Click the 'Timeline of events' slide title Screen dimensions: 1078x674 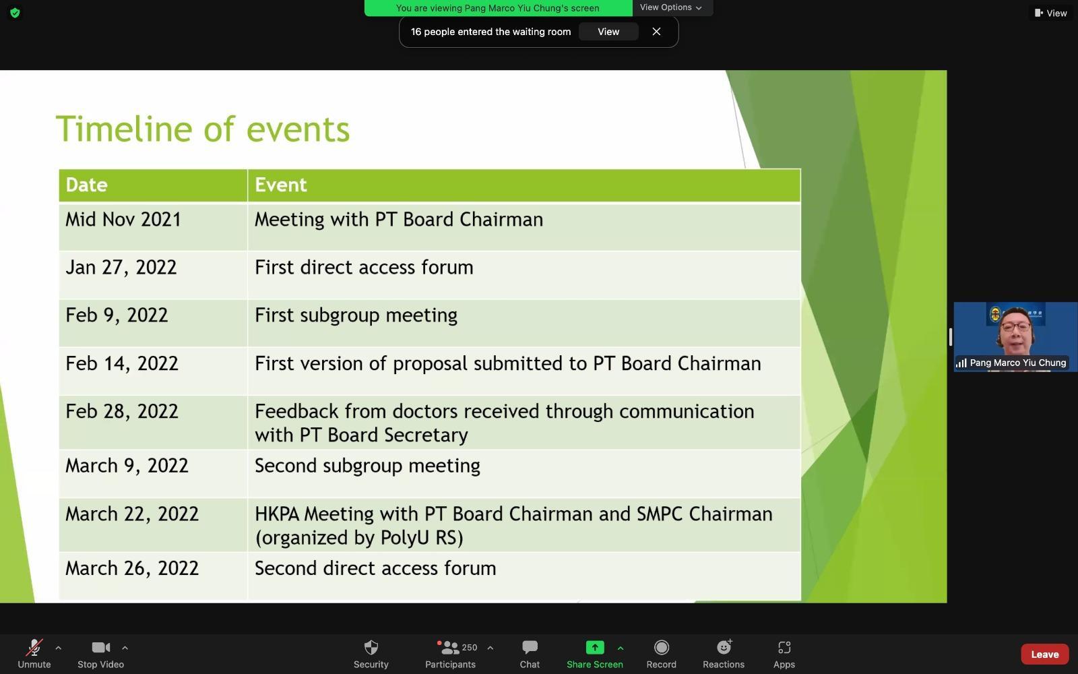[x=203, y=129]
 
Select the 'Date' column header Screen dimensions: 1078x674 [x=87, y=185]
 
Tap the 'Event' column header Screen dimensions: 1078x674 [x=280, y=185]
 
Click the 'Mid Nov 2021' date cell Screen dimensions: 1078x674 [x=123, y=220]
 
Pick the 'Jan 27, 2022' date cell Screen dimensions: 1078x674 [x=121, y=268]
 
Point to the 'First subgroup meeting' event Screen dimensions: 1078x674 [x=356, y=316]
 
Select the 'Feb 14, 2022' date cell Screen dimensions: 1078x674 [x=122, y=364]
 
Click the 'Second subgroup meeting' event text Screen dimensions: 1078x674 [x=367, y=466]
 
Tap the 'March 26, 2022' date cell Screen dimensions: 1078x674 [x=132, y=569]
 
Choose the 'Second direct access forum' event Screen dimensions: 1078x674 [x=375, y=569]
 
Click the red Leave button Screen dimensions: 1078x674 [x=1045, y=654]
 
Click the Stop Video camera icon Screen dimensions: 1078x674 [x=101, y=648]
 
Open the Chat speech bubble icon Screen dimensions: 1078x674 [x=530, y=648]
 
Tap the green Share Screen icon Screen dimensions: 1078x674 [x=595, y=648]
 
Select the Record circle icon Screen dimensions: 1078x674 [x=662, y=648]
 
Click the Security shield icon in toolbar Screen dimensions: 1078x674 [x=371, y=648]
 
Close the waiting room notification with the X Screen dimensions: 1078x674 [x=656, y=32]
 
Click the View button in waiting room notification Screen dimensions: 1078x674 [x=608, y=32]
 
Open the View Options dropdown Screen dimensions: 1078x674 [x=670, y=7]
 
